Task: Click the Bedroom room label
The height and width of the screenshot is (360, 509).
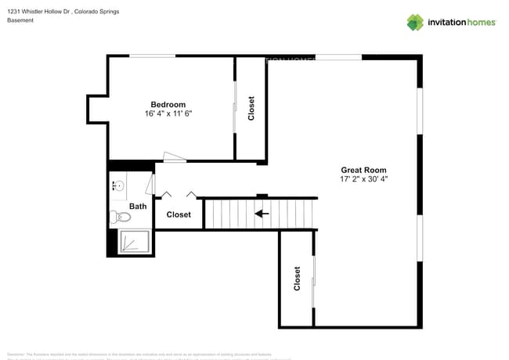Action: tap(168, 105)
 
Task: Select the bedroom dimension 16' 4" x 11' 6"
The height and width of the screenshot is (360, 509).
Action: tap(168, 114)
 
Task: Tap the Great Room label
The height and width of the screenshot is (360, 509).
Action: tap(363, 170)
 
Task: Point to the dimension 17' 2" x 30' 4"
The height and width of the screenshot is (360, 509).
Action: tap(363, 179)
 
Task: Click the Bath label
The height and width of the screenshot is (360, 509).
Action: tap(138, 207)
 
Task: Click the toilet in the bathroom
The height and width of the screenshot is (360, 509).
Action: tap(119, 217)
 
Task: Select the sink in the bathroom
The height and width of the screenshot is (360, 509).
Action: tap(117, 185)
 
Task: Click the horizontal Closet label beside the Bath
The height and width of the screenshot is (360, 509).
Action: tap(179, 214)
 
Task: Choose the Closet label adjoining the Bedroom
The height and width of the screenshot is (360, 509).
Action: tap(251, 109)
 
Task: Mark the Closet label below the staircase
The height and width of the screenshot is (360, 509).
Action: tap(297, 279)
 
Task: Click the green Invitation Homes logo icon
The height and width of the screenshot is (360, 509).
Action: tap(415, 22)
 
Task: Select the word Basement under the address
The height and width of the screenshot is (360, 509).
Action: tap(20, 20)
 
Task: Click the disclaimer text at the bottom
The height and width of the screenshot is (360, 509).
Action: tap(149, 355)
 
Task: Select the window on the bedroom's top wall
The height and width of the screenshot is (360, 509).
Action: tap(152, 56)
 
